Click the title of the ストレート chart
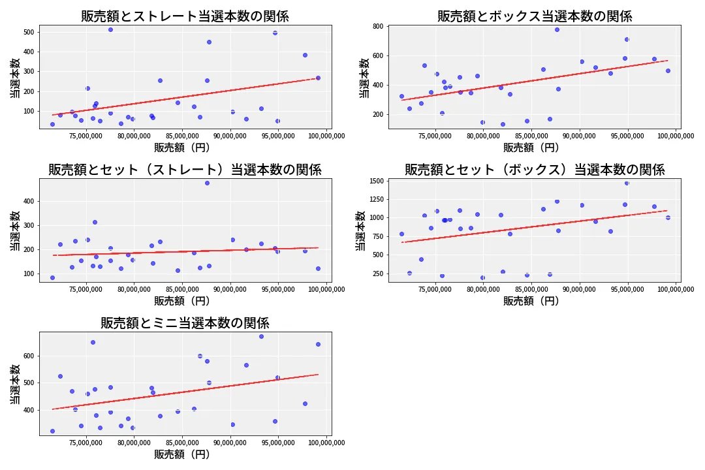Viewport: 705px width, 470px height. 185,16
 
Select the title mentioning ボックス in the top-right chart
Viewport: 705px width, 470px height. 535,16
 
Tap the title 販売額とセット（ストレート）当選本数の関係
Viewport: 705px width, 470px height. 185,170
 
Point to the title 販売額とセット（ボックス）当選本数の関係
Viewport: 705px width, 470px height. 535,170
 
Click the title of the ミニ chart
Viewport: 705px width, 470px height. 185,323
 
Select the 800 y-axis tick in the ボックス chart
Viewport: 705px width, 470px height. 377,27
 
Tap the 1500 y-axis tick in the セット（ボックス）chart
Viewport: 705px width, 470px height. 375,181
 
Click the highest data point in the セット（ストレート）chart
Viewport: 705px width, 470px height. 207,183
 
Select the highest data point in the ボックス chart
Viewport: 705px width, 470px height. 557,29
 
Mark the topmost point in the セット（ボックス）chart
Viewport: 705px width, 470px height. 627,183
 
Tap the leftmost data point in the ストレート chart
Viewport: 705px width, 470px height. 52,124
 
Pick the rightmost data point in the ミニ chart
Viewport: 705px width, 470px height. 318,344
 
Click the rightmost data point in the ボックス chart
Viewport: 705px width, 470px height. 668,70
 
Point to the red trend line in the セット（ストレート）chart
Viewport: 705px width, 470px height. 185,251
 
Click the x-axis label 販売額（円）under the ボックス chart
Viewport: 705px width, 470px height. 531,148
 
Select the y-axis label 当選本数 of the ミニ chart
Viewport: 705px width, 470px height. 15,383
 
